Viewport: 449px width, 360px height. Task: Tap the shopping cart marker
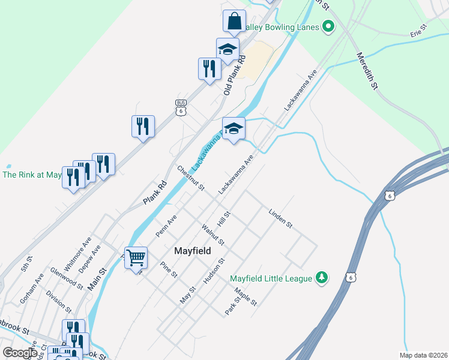tap(136, 258)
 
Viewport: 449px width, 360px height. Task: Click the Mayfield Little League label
tap(271, 278)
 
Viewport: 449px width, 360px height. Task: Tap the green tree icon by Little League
tap(322, 277)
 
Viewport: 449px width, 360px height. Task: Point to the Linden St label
tap(280, 218)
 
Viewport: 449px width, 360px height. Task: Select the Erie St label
tap(418, 31)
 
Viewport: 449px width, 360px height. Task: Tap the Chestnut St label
tap(191, 178)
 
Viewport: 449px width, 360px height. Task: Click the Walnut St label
tap(213, 234)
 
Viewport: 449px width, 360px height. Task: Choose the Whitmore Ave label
tap(78, 253)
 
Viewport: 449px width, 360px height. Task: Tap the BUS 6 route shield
tap(181, 107)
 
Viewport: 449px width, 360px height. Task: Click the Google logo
tap(20, 352)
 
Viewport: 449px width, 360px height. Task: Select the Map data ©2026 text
tap(424, 355)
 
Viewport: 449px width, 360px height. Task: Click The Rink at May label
tap(32, 175)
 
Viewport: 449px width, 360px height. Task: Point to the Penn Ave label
tap(166, 227)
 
